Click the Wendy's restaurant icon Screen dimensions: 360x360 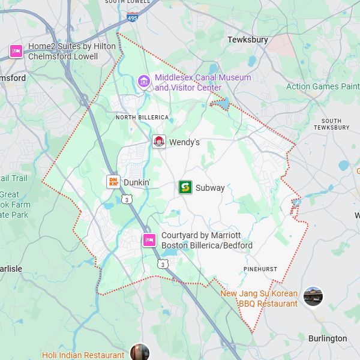coord(159,142)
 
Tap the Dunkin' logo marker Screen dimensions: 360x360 coord(113,182)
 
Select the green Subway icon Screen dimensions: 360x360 coord(185,187)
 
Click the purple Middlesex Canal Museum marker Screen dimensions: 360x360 coord(143,81)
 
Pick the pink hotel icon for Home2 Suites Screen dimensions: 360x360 coord(16,51)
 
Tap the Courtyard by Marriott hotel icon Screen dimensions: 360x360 coord(149,241)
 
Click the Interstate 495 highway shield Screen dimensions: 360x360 coord(132,19)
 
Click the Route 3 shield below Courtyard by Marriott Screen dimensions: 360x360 coord(163,263)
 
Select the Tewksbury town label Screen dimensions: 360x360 coord(247,40)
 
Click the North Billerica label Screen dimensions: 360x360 coord(142,117)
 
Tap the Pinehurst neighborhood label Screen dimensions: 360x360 coord(260,269)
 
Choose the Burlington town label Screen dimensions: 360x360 coord(328,338)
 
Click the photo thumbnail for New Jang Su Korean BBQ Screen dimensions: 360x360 coord(313,296)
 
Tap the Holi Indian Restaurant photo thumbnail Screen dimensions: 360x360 coord(139,352)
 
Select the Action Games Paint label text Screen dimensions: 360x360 coord(323,86)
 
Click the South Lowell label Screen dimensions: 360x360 coord(127,2)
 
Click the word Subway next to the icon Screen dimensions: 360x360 coord(210,188)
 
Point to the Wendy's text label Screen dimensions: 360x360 coord(184,142)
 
